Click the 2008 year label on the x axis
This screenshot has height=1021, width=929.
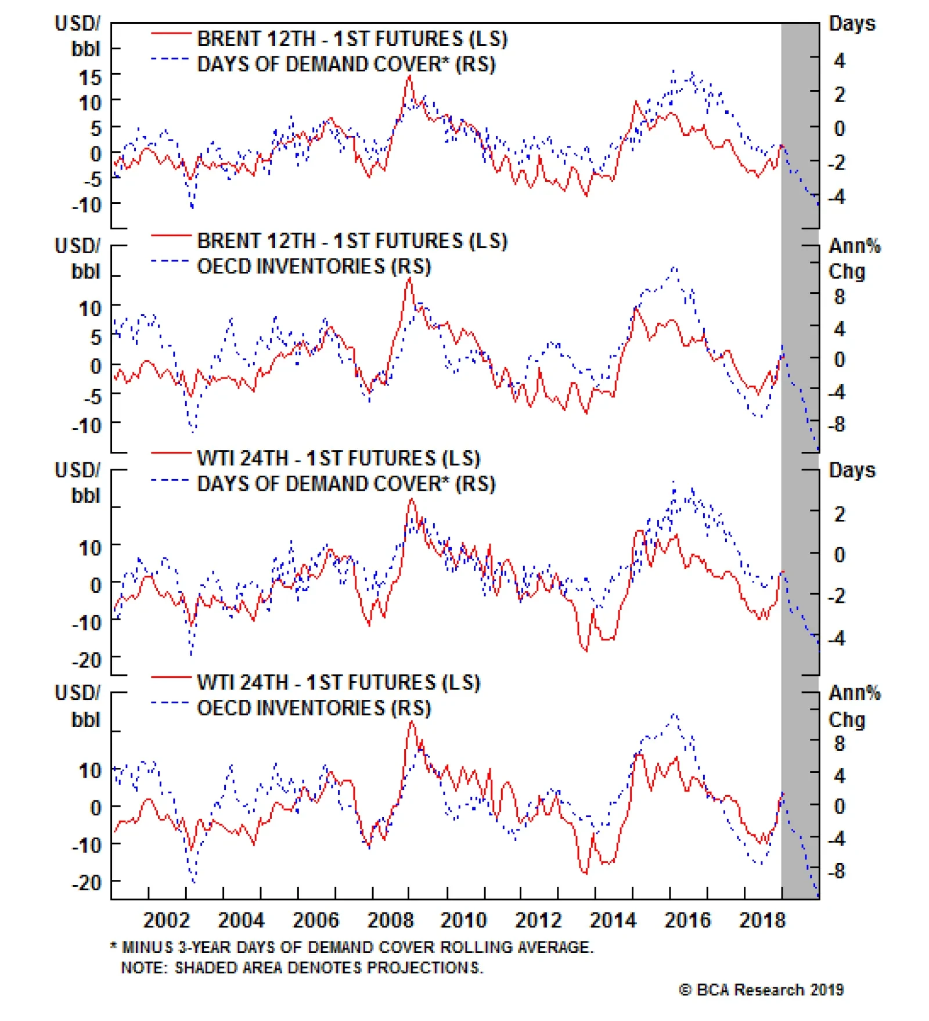point(390,920)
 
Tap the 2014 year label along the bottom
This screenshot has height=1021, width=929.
point(613,920)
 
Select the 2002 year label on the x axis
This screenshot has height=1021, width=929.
point(166,920)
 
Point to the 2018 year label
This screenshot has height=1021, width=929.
point(762,920)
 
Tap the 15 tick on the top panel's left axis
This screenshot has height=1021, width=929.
point(90,77)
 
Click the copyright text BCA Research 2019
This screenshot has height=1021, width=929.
point(761,990)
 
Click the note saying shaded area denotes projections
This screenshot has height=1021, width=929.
point(302,968)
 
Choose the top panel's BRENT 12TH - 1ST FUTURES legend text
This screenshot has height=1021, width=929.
point(352,39)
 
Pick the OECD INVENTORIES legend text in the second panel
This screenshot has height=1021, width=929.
point(314,267)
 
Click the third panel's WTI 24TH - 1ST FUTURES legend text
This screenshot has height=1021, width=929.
point(339,458)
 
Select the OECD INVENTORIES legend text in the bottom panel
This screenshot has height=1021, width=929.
point(314,708)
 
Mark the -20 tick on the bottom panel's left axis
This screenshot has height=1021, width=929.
point(87,883)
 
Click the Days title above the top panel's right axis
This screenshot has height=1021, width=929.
point(852,24)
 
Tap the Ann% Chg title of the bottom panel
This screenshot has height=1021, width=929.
point(854,706)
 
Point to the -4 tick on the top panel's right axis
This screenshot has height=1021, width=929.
point(837,196)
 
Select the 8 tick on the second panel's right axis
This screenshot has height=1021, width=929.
point(840,297)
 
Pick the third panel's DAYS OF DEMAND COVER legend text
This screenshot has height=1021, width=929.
point(346,484)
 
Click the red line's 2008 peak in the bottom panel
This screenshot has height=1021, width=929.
point(412,722)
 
